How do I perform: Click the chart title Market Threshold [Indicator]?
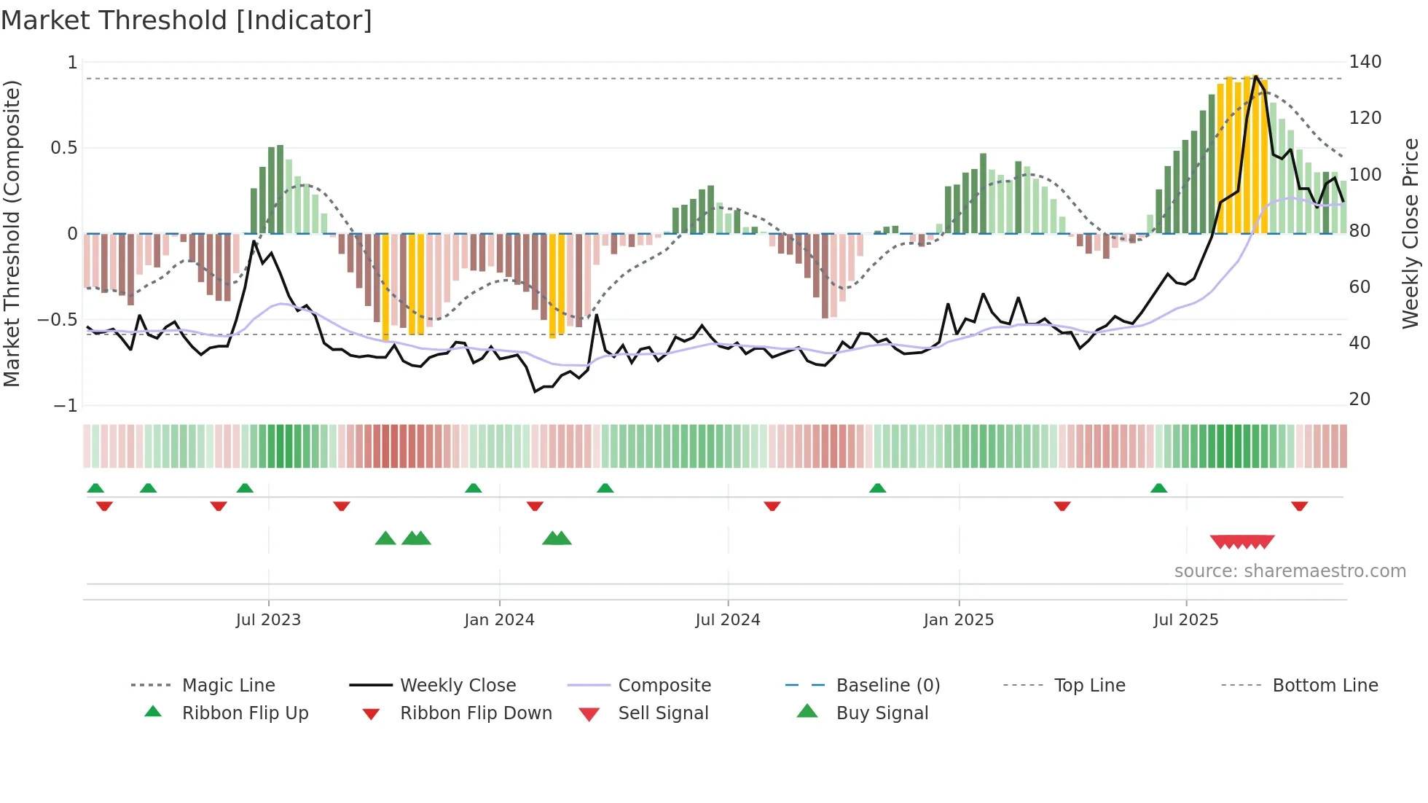pyautogui.click(x=187, y=20)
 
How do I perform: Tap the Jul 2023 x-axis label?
pyautogui.click(x=268, y=620)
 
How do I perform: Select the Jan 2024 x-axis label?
pyautogui.click(x=499, y=620)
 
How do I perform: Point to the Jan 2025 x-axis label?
pyautogui.click(x=958, y=620)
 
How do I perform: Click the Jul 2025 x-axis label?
pyautogui.click(x=1185, y=620)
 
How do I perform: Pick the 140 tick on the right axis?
pyautogui.click(x=1365, y=62)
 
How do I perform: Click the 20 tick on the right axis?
pyautogui.click(x=1360, y=399)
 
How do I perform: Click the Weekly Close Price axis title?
pyautogui.click(x=1411, y=233)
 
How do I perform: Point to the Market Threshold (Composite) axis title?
pyautogui.click(x=12, y=233)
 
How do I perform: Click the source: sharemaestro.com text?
pyautogui.click(x=1290, y=571)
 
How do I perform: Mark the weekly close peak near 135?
pyautogui.click(x=1255, y=77)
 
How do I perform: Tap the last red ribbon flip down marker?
pyautogui.click(x=1299, y=506)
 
